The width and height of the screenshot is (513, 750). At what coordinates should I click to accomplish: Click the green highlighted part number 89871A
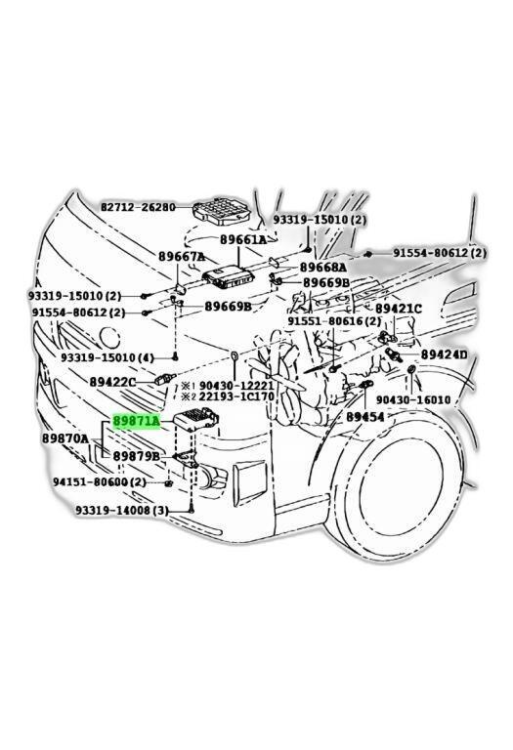pyautogui.click(x=137, y=421)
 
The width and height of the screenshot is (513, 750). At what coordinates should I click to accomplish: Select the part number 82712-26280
pyautogui.click(x=138, y=207)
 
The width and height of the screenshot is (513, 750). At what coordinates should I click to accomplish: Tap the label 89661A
pyautogui.click(x=242, y=239)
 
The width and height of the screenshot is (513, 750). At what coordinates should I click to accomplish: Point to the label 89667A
pyautogui.click(x=183, y=258)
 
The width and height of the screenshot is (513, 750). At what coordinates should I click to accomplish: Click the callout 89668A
pyautogui.click(x=323, y=267)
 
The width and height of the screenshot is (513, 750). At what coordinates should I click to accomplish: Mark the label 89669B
pyautogui.click(x=228, y=306)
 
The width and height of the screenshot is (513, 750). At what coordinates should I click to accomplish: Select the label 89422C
pyautogui.click(x=112, y=382)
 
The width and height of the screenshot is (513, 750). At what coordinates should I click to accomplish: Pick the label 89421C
pyautogui.click(x=399, y=309)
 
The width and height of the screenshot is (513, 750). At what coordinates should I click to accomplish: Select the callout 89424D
pyautogui.click(x=444, y=354)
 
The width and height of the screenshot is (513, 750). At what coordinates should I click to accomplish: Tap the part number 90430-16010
pyautogui.click(x=412, y=399)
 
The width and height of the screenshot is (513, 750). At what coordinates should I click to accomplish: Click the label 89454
pyautogui.click(x=364, y=416)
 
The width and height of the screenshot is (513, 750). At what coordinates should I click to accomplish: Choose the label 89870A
pyautogui.click(x=64, y=439)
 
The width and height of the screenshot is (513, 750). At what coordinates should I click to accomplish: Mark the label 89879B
pyautogui.click(x=137, y=456)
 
